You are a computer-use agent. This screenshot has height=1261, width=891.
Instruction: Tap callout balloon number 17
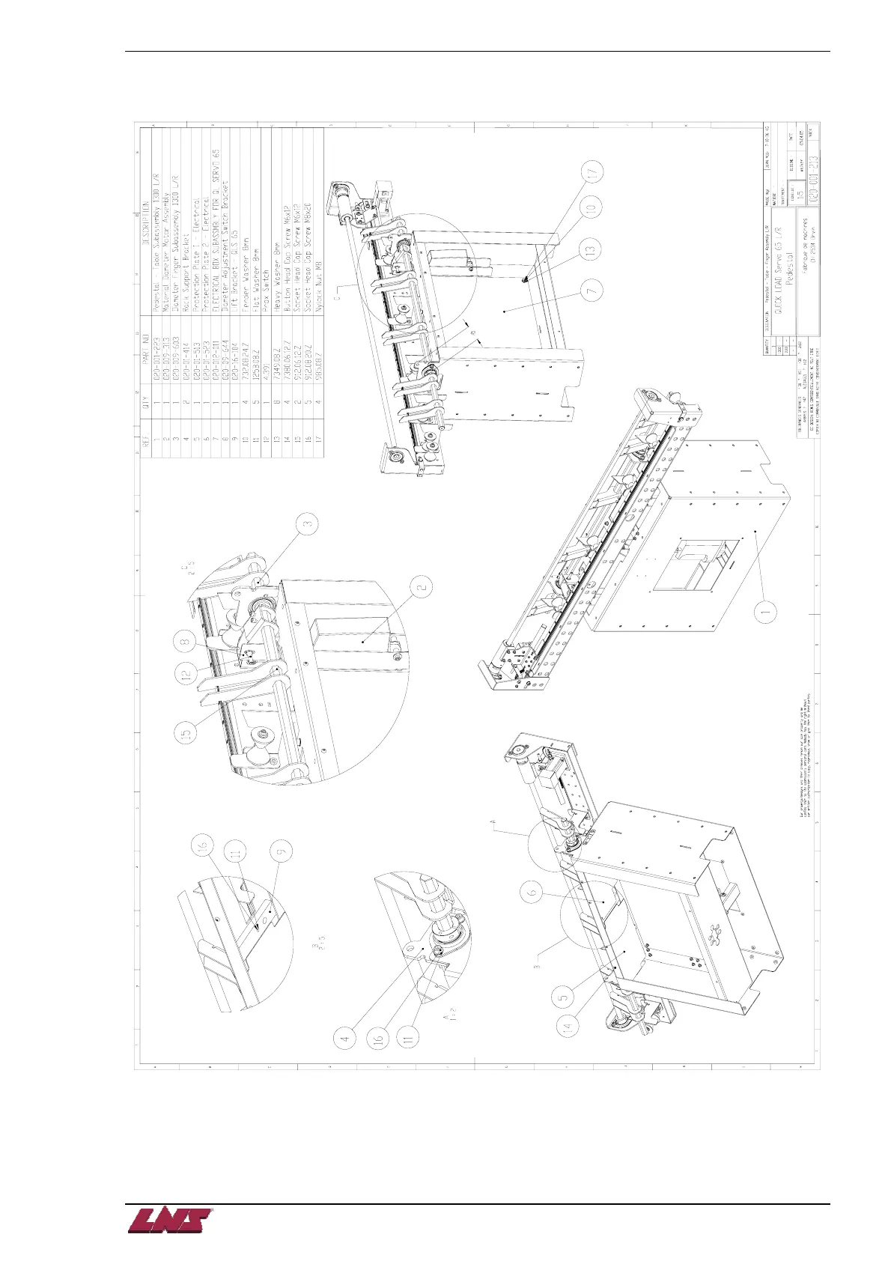[x=593, y=173]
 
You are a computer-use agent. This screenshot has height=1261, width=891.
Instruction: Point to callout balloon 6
[x=532, y=892]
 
